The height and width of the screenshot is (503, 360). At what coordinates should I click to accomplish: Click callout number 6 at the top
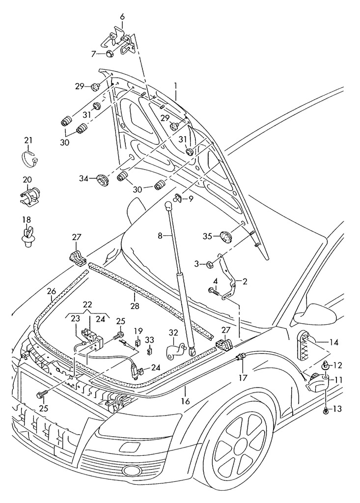pos(122,17)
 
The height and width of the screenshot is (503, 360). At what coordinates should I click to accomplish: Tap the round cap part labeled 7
pos(110,53)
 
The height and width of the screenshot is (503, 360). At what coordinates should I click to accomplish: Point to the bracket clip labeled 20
pos(30,195)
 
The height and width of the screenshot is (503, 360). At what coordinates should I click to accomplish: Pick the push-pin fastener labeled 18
pos(28,234)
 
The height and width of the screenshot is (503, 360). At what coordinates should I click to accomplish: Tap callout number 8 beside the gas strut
pos(160,236)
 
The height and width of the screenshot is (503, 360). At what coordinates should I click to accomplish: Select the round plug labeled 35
pos(225,236)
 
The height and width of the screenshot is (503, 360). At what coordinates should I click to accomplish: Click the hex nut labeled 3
pos(209,264)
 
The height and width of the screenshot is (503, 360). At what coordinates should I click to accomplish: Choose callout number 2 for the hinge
pos(245,281)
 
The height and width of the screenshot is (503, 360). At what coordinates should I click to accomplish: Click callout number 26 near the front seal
pos(52,291)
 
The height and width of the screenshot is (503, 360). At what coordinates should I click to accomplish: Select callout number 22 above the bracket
pos(87,305)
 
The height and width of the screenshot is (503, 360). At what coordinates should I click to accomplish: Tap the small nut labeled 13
pos(325,410)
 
